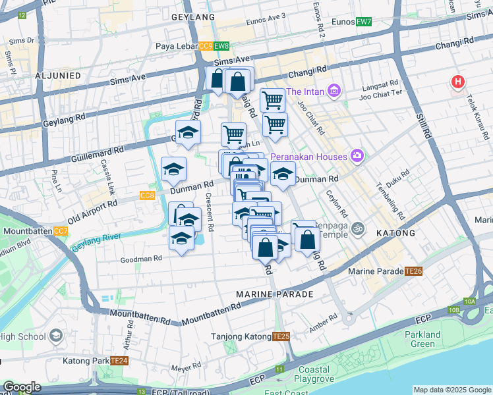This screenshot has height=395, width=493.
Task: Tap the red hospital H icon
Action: click(457, 83)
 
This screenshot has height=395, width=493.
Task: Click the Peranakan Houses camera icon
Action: click(358, 156)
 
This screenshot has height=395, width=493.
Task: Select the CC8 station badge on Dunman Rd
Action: click(147, 196)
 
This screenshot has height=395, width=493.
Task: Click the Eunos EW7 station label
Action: click(355, 22)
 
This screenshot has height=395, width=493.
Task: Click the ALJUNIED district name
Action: click(58, 76)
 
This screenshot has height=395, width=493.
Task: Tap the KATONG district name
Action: click(395, 233)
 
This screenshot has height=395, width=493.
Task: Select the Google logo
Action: click(22, 387)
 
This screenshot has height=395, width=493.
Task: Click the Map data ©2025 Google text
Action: click(452, 390)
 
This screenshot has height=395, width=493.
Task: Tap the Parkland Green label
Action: click(422, 339)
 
